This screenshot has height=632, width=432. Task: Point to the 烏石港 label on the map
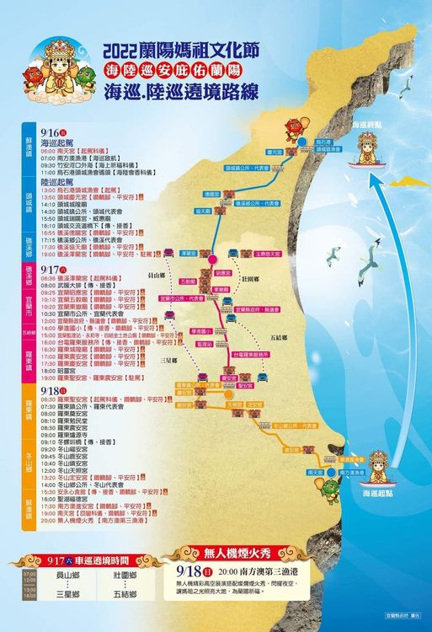[x=313, y=142]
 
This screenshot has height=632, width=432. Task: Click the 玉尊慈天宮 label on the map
[x=269, y=253]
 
